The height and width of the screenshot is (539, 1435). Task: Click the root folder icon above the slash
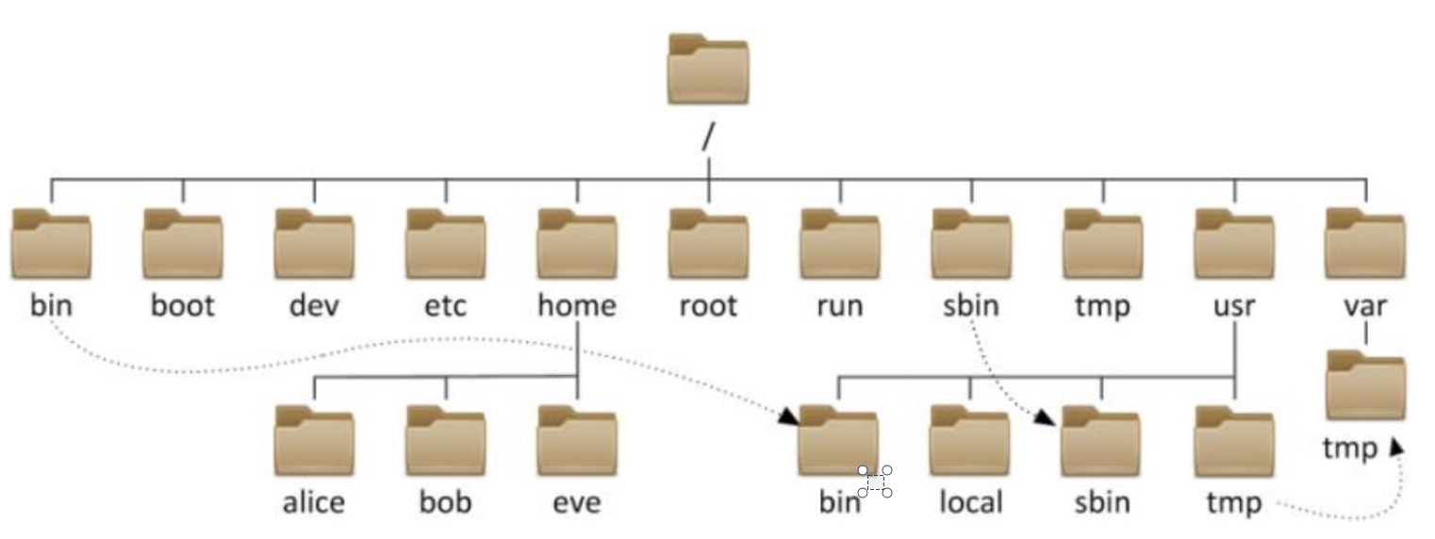pos(708,70)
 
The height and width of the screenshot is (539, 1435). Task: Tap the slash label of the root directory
pos(708,138)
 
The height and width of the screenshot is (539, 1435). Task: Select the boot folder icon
pos(183,245)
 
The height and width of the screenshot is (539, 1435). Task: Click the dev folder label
pos(314,306)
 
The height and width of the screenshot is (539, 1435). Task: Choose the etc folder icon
pos(446,245)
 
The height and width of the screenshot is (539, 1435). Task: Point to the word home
pos(577,306)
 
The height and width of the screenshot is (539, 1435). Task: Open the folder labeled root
pos(708,245)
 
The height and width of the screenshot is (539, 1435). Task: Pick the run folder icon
pos(839,245)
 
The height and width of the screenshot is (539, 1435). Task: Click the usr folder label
pos(1234,306)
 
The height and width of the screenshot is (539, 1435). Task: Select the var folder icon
pos(1365,245)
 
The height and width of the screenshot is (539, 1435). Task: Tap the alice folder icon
pos(314,441)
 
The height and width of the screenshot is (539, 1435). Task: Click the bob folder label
pos(446,502)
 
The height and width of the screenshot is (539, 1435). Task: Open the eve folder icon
pos(577,441)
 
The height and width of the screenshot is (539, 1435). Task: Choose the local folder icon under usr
pos(969,441)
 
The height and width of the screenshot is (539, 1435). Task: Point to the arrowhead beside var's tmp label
pos(1395,448)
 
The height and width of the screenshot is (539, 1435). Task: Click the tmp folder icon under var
pos(1365,385)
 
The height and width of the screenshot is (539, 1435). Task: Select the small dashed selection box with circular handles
pos(875,482)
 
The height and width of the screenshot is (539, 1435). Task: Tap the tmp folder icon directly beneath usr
pos(1233,441)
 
